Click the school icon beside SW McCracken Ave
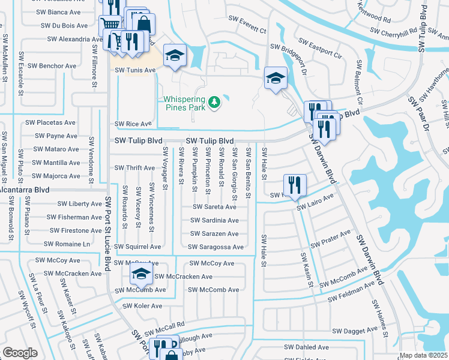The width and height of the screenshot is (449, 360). click(x=140, y=275)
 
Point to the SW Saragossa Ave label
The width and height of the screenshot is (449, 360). click(x=215, y=247)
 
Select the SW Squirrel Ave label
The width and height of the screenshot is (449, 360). click(x=137, y=247)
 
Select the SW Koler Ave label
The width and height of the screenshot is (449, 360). click(x=142, y=305)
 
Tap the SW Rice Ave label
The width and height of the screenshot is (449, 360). click(x=133, y=124)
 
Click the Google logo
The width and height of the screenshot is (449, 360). click(x=20, y=352)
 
